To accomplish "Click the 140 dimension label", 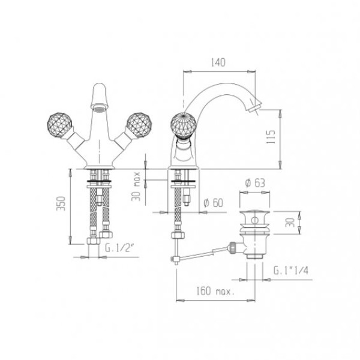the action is [218, 62].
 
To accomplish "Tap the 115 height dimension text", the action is [271, 137].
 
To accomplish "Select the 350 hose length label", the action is [61, 203].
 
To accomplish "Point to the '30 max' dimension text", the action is [136, 186].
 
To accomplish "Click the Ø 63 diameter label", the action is [255, 183].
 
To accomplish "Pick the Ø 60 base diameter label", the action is [213, 203].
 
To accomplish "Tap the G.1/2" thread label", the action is [119, 248].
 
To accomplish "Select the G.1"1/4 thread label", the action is [290, 271].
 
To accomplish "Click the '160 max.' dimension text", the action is [215, 292].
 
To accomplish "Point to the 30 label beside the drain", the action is [290, 223].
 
